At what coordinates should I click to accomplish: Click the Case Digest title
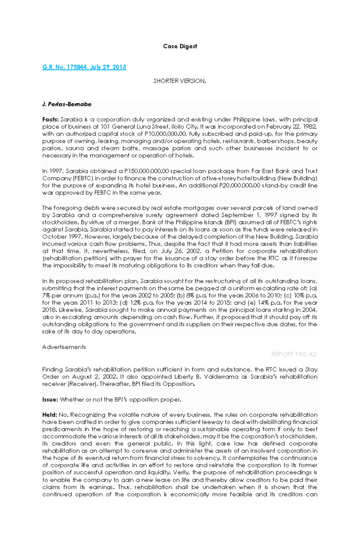coord(180,46)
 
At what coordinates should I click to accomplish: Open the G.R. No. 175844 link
coord(84,67)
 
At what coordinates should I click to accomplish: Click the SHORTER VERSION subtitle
coord(180,81)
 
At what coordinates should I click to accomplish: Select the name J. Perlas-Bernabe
coord(67,104)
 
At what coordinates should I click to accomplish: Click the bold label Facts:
coord(50,120)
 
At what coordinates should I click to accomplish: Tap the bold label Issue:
coord(50,400)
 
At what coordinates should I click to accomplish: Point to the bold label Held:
coord(49,415)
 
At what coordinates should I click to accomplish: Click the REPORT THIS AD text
coord(294,354)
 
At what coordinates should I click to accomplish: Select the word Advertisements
coord(64,347)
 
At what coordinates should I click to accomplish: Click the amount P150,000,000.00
coord(145,171)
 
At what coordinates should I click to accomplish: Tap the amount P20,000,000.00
coord(240,186)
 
